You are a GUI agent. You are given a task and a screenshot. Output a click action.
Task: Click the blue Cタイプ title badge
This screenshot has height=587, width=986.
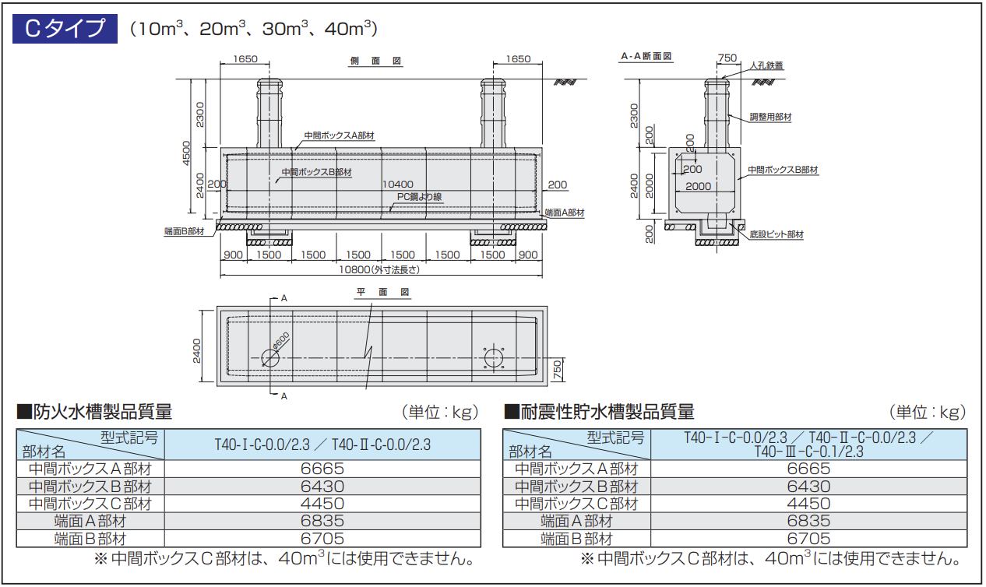65,29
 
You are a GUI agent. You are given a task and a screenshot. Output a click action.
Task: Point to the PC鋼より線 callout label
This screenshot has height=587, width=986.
419,197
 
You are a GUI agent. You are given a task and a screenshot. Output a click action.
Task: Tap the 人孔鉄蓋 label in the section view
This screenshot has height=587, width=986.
766,66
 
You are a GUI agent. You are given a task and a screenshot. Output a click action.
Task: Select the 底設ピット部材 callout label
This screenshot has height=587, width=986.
776,234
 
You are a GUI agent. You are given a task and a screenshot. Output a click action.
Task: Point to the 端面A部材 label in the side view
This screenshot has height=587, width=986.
565,212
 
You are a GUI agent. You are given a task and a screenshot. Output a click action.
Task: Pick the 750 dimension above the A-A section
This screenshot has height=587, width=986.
726,58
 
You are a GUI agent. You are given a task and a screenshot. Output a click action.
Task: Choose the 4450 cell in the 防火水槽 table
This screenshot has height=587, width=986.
322,504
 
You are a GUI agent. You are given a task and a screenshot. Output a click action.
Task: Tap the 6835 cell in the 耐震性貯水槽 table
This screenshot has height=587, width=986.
808,521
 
